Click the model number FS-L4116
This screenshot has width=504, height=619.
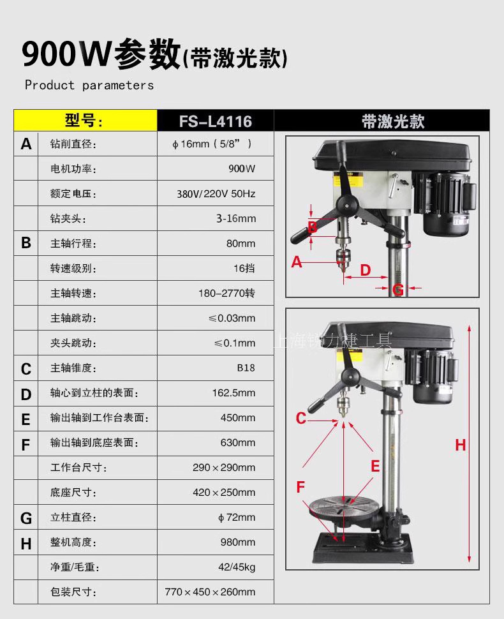pos(216,121)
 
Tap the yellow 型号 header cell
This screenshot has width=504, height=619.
pos(85,121)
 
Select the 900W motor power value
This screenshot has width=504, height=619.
pos(242,168)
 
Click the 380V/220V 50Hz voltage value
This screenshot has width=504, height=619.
pos(216,194)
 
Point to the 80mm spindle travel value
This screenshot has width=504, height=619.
pos(241,244)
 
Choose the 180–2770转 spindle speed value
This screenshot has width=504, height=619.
pos(226,294)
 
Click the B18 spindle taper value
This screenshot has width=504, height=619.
pos(246,368)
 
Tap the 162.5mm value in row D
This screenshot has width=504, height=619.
pos(233,393)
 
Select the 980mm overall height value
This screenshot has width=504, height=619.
pos(238,542)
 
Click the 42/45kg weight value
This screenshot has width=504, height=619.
pos(237,567)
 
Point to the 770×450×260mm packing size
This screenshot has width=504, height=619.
pos(210,592)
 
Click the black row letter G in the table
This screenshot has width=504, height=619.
pos(26,518)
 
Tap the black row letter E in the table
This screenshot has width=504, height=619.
pos(26,419)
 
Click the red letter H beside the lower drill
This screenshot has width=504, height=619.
pos(460,445)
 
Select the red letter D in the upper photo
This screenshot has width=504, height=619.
pos(366,270)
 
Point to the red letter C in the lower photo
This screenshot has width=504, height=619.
pos(300,418)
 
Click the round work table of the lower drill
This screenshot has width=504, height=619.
pos(343,505)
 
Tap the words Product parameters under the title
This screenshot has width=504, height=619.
pos(89,86)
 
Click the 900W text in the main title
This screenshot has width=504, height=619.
pos(66,54)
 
